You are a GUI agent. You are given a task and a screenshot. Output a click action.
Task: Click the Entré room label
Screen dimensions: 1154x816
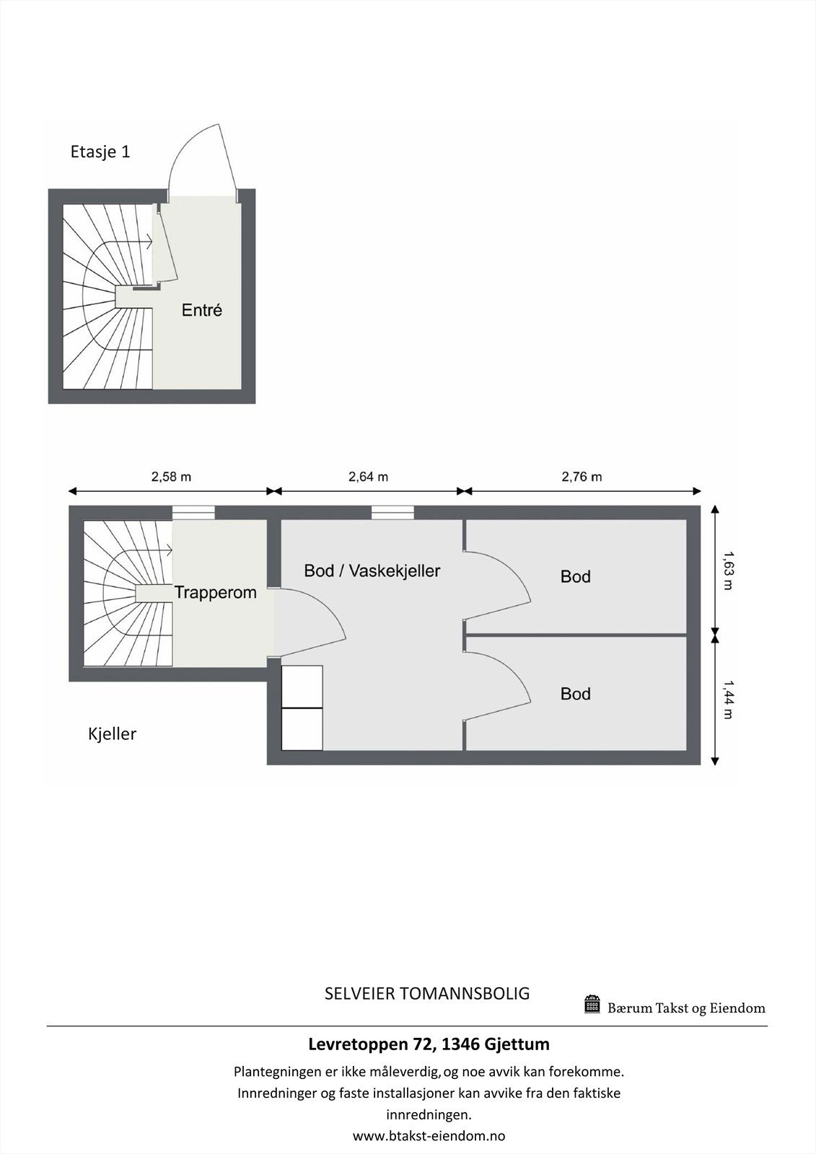tap(201, 311)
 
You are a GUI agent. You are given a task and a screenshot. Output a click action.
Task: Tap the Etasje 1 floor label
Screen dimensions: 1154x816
tap(100, 152)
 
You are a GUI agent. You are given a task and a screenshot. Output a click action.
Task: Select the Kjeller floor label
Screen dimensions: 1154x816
tap(112, 734)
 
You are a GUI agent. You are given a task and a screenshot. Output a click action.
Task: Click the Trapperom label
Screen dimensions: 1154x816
tap(215, 593)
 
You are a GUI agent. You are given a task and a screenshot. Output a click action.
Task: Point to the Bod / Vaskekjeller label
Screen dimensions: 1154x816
tap(372, 571)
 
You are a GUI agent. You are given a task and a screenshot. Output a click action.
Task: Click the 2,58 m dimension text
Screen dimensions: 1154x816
tap(171, 477)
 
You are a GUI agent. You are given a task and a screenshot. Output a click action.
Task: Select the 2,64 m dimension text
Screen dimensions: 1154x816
tap(368, 477)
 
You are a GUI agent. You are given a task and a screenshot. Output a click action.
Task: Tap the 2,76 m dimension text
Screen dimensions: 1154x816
tap(582, 477)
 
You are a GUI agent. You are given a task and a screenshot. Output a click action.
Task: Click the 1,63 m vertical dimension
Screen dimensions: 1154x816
tap(728, 571)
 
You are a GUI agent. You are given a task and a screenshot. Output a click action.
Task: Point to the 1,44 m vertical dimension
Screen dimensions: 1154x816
tap(728, 700)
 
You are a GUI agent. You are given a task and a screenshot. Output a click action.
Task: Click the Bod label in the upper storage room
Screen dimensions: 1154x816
tap(575, 577)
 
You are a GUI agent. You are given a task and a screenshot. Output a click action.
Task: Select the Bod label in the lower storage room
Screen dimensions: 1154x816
tap(575, 694)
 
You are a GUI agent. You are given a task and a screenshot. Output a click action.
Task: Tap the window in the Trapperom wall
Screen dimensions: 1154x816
tap(193, 512)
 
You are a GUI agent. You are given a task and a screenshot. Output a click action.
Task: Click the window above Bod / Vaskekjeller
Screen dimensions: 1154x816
tap(392, 512)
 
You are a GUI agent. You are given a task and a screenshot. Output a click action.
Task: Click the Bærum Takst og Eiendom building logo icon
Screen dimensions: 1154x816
tap(592, 1004)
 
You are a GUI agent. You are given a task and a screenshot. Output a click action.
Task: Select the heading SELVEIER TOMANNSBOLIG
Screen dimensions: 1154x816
tap(427, 993)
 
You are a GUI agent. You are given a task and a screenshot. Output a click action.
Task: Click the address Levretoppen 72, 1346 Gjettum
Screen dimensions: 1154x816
tap(429, 1044)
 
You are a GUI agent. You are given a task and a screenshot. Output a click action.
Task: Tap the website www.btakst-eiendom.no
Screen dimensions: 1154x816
tap(429, 1136)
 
